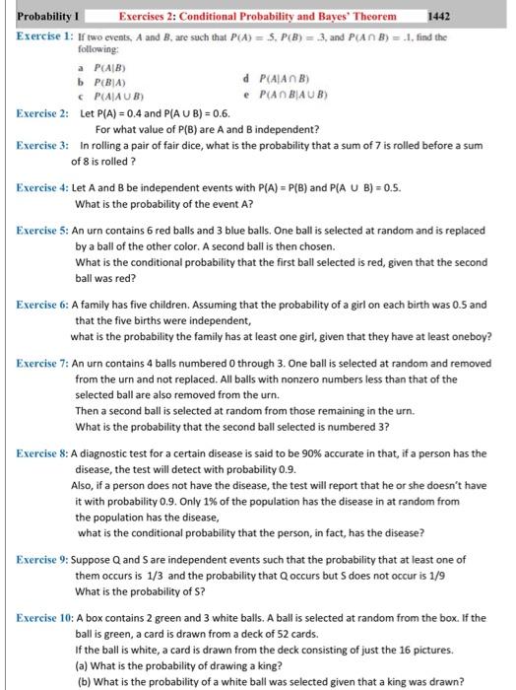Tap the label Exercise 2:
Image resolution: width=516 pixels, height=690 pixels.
[x=42, y=114]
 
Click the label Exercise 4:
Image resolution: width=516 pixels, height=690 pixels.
[x=42, y=186]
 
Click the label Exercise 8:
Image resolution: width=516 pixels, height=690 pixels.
[x=42, y=453]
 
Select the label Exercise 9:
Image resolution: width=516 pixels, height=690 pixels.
[x=42, y=559]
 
